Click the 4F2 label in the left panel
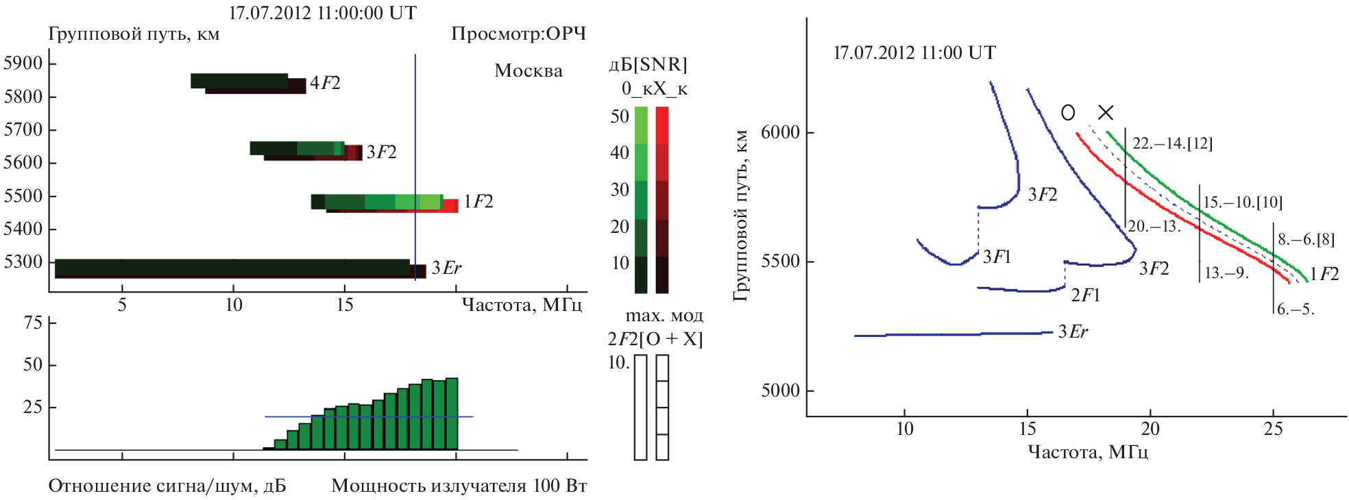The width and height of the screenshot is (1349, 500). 325,83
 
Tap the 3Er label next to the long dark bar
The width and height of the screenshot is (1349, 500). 446,268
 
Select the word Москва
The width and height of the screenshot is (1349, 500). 528,71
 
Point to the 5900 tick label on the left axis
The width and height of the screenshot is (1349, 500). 23,63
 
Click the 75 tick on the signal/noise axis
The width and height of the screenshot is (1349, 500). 32,323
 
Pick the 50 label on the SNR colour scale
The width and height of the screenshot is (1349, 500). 620,116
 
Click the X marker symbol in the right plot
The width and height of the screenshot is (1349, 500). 1106,112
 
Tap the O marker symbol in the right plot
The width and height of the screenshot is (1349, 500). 1068,112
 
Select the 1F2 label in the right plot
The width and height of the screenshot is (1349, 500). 1324,274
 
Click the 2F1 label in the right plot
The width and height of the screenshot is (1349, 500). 1085,295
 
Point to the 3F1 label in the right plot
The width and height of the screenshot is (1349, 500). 997,257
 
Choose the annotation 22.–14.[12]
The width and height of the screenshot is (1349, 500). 1172,143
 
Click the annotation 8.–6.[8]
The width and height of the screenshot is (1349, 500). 1306,239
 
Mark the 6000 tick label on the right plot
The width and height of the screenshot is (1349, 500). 780,132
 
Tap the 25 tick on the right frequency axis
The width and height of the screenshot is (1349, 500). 1273,429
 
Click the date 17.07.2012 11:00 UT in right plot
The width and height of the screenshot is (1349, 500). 914,53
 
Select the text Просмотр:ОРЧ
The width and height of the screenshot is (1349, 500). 518,34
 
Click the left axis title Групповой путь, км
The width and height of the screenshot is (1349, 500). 134,34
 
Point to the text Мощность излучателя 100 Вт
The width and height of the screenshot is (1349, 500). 459,486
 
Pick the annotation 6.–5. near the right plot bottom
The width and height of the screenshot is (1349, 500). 1296,309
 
